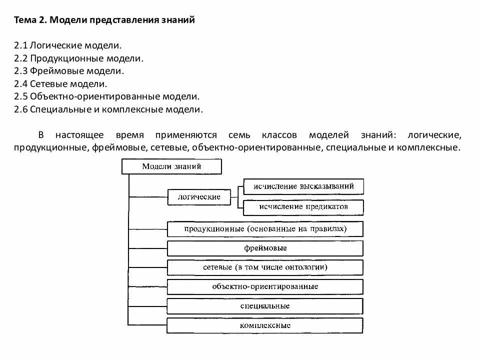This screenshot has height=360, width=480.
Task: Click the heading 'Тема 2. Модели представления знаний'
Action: pos(104,20)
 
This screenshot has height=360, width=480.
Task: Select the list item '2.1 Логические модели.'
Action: pos(68,45)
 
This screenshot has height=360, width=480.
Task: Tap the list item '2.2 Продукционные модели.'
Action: pos(79,58)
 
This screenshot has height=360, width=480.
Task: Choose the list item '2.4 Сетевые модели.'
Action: pos(60,84)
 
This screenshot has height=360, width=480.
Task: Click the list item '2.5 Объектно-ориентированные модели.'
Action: pos(107,97)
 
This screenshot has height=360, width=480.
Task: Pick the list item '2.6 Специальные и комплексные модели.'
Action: pos(108,110)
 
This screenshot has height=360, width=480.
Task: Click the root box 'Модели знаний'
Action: pos(171,166)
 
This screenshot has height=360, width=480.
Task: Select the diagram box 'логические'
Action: pos(199,197)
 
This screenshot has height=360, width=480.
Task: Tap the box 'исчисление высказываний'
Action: pos(303,186)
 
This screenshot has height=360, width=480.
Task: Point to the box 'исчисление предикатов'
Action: pos(303,206)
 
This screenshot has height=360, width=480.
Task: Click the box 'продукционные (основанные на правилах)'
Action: pos(265,228)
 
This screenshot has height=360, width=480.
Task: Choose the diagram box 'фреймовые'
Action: pos(265,248)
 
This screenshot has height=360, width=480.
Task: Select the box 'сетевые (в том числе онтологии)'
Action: pos(265,267)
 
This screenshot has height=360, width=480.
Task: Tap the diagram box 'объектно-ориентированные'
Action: pos(265,286)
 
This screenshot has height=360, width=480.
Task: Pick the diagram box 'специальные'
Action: pos(265,306)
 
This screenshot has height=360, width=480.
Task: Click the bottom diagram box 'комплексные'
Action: pos(265,325)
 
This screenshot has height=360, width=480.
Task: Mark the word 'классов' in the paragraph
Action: pos(278,135)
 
